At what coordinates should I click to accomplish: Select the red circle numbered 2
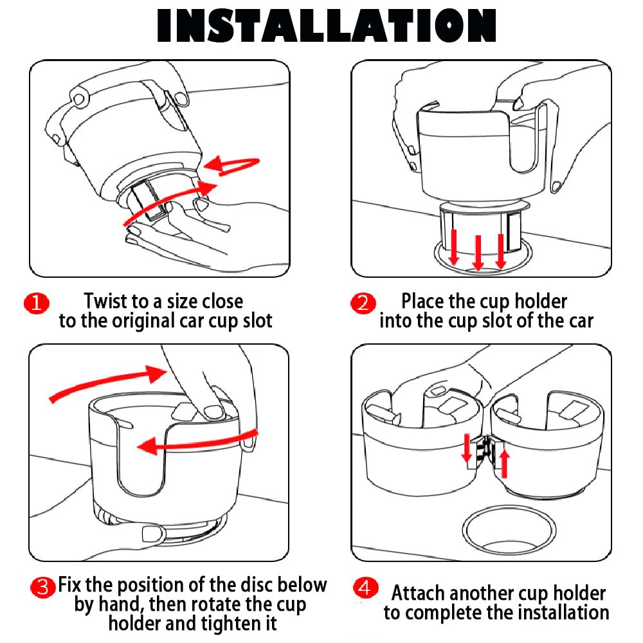(x=363, y=303)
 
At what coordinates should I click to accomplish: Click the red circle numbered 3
(x=43, y=586)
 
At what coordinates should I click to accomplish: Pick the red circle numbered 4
(x=365, y=588)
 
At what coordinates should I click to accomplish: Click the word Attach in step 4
(x=419, y=593)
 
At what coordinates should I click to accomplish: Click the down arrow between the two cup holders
(x=466, y=447)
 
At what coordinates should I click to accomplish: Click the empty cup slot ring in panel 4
(x=509, y=529)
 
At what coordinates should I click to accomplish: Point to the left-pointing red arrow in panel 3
(x=193, y=443)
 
